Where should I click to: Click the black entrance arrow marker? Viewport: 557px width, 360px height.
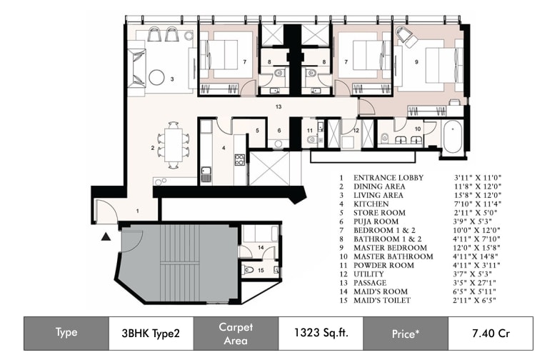[106, 236]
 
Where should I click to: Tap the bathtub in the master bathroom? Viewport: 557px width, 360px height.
[453, 136]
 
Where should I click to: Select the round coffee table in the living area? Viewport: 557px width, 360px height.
[156, 77]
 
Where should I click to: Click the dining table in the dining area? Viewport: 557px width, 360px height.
[174, 144]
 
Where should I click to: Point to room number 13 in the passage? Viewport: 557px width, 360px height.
[278, 106]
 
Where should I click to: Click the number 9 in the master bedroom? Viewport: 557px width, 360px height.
[416, 62]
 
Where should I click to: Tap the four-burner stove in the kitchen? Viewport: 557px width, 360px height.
[239, 159]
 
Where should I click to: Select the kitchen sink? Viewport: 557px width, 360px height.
[206, 174]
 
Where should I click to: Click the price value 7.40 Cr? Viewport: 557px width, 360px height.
[491, 334]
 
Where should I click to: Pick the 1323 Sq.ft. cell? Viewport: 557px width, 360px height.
[321, 333]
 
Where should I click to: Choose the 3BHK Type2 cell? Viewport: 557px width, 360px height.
[151, 334]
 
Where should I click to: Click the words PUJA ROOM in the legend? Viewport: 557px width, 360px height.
[371, 221]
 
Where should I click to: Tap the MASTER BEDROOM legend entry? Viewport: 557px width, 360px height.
[390, 248]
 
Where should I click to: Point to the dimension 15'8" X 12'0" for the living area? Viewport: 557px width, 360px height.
[478, 195]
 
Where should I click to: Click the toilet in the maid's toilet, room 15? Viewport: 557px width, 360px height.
[248, 271]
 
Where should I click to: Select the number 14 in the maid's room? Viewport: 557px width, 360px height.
[261, 247]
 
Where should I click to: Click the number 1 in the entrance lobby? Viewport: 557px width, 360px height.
[138, 211]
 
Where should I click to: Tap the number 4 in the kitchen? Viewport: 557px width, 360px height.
[224, 148]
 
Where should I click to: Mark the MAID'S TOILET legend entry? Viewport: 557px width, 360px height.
[382, 300]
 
